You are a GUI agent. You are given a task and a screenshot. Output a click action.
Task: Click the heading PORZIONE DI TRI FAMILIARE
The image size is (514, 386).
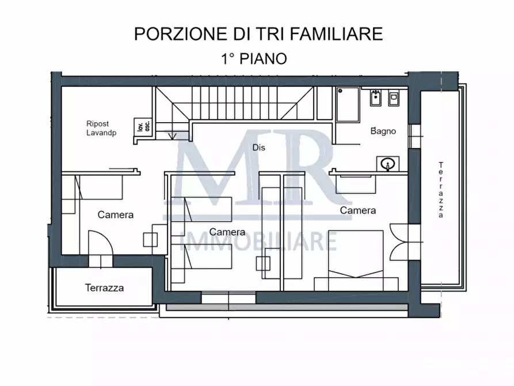coord(258,34)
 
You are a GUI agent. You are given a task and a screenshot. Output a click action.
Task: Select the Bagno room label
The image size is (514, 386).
coord(383,131)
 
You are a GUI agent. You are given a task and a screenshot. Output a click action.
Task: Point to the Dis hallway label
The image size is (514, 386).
coord(259,147)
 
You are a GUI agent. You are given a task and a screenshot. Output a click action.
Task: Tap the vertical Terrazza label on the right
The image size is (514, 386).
coord(441,190)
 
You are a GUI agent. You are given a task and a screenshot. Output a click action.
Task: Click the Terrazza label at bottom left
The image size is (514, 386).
coord(104,288)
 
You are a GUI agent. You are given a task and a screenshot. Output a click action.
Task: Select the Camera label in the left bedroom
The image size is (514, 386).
coord(115,215)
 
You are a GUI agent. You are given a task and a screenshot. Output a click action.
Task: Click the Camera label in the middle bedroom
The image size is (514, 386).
coord(227,232)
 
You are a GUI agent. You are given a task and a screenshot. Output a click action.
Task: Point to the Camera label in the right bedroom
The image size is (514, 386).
coord(357,211)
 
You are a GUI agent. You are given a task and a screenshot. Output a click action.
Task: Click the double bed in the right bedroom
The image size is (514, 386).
coord(356,260)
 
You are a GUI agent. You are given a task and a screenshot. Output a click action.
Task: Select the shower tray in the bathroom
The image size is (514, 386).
coord(348,104)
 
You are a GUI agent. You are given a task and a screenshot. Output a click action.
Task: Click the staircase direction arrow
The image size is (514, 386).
coord(173,135)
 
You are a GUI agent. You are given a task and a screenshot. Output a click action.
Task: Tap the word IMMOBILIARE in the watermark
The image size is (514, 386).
coord(258,241)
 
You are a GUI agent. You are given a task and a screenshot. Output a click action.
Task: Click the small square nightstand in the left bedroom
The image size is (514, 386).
coord(151,239)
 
